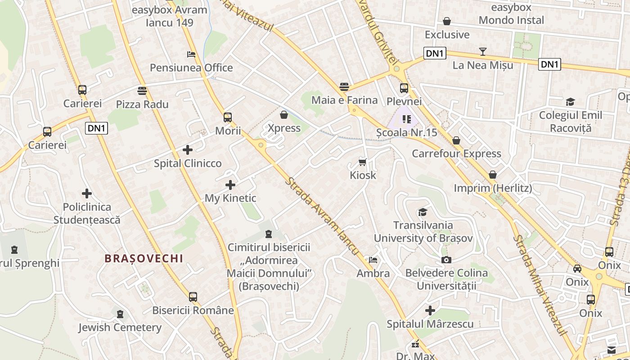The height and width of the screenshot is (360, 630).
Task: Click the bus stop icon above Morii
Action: click(228, 117)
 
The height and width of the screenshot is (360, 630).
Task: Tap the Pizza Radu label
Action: click(142, 104)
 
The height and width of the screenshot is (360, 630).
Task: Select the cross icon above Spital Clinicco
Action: click(188, 150)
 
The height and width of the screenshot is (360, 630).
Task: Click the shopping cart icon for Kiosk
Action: click(363, 162)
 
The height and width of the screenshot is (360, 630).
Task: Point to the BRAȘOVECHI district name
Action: click(144, 258)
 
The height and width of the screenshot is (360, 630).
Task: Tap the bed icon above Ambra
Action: click(373, 260)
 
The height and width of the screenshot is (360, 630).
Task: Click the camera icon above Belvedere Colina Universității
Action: click(446, 260)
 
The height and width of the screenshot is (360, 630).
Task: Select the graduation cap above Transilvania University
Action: click(423, 212)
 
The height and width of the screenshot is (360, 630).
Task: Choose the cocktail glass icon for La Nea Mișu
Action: click(483, 52)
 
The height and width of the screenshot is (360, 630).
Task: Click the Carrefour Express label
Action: click(456, 154)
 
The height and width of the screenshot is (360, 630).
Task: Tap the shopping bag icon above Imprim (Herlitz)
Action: click(493, 175)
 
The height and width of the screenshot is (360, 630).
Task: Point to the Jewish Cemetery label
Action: click(120, 328)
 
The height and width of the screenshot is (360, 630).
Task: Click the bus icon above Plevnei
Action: click(404, 88)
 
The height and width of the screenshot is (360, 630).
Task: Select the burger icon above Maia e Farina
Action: click(344, 86)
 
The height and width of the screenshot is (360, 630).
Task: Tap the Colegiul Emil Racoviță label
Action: click(571, 121)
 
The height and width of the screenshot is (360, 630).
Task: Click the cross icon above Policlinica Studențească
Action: click(87, 194)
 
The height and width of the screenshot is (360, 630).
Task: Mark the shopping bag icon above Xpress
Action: click(284, 115)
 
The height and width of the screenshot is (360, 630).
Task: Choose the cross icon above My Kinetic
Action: click(230, 185)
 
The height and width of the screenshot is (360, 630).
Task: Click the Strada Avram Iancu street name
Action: click(322, 216)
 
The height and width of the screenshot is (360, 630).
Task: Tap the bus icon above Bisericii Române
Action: click(193, 297)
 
